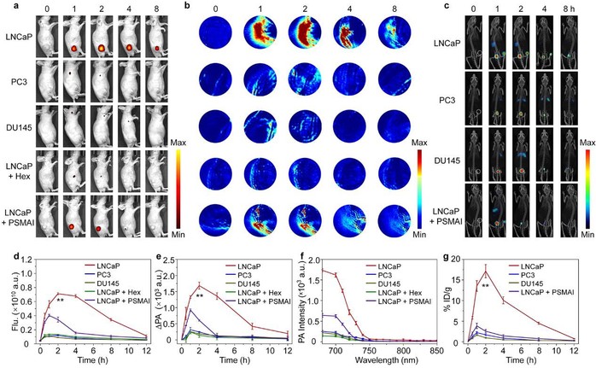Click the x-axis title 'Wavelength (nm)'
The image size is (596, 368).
point(383,361)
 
